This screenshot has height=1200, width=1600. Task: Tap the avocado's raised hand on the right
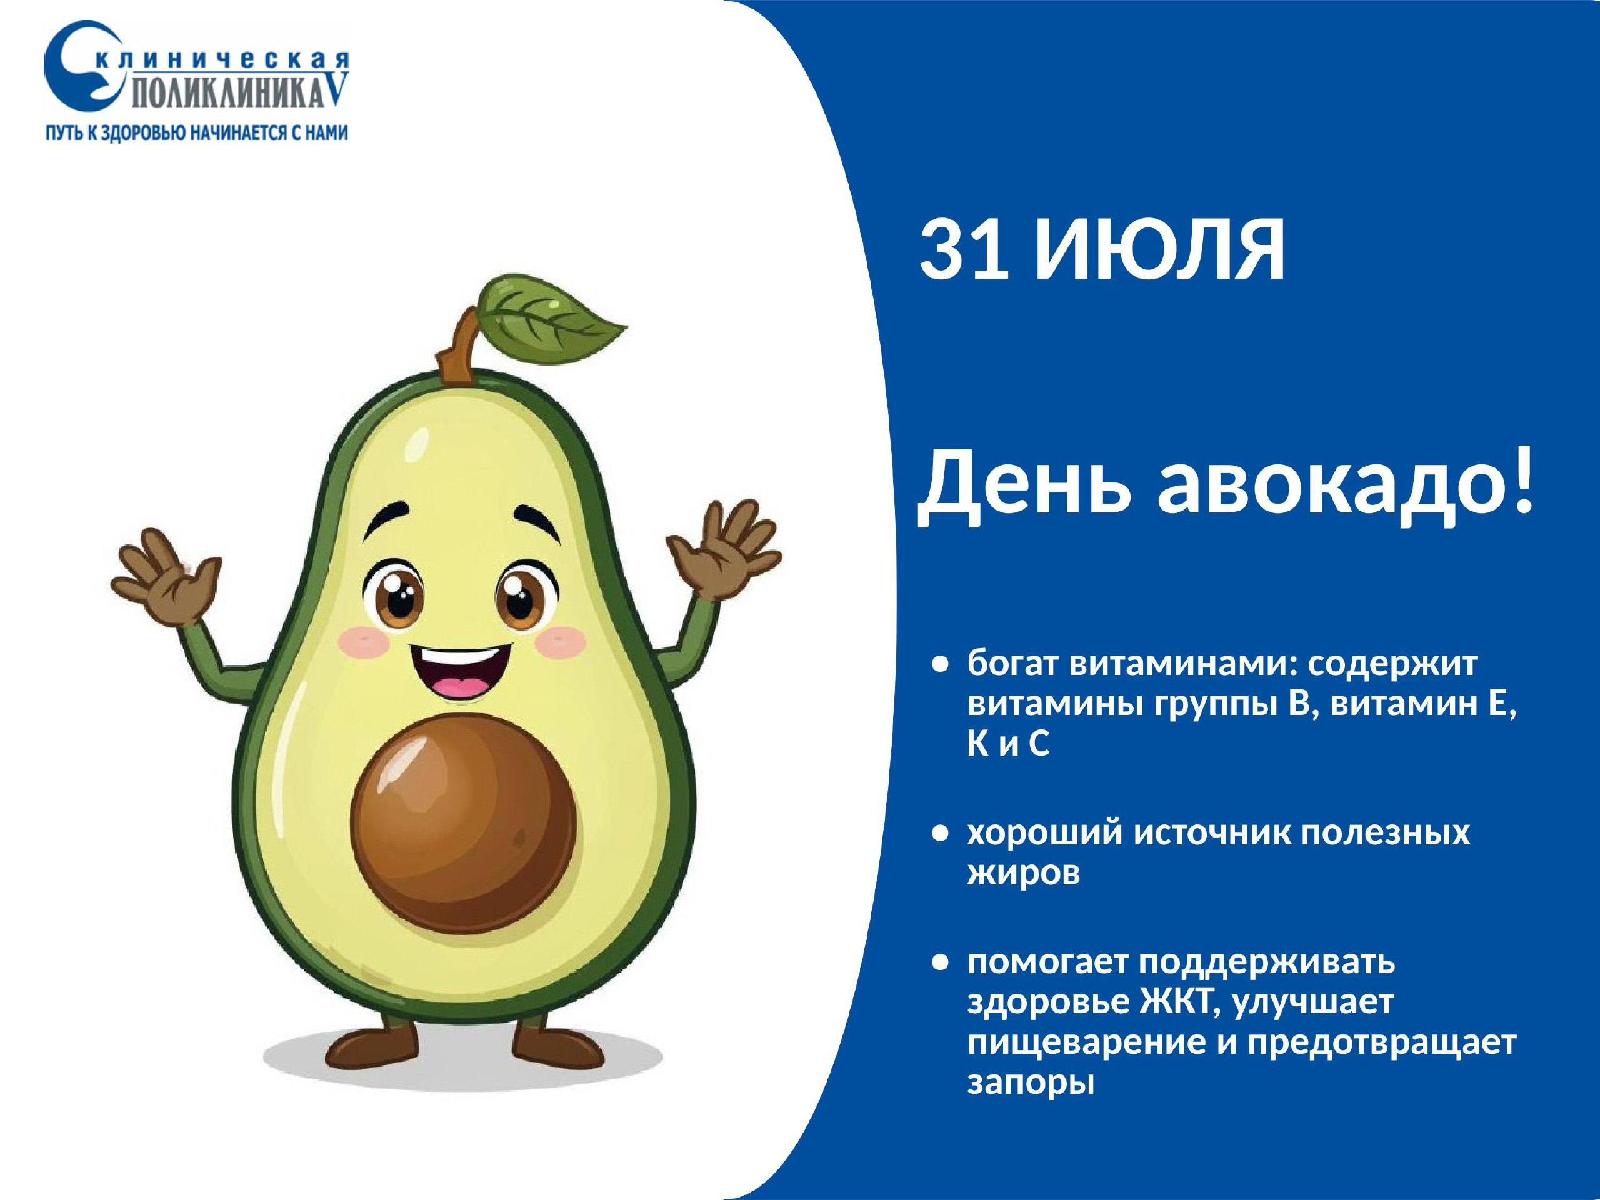[723, 550]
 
